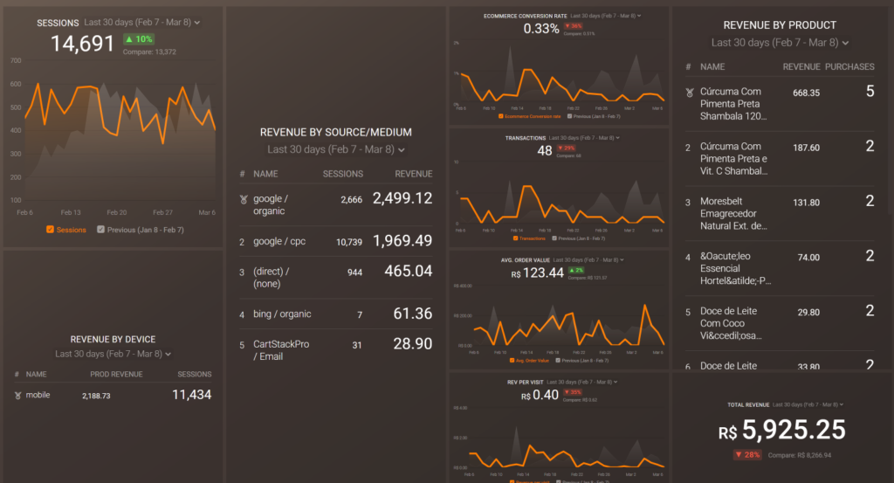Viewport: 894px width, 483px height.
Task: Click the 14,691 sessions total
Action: [83, 43]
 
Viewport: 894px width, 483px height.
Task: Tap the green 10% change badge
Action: [138, 39]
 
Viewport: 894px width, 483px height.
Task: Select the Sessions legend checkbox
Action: [51, 230]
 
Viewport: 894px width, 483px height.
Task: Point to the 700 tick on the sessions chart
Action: [16, 61]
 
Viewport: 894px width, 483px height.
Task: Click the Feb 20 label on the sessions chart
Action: [116, 212]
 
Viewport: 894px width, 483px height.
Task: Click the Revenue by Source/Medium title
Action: [336, 133]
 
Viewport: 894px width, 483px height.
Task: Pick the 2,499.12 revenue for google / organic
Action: [402, 199]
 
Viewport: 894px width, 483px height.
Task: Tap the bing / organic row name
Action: [282, 314]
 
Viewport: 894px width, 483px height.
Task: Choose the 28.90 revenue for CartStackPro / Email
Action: [411, 344]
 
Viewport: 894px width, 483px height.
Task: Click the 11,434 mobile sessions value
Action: [192, 395]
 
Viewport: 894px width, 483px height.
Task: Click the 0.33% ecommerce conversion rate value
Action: [541, 29]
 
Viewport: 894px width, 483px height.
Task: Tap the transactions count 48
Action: [545, 151]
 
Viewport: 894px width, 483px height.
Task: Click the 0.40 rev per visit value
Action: [547, 396]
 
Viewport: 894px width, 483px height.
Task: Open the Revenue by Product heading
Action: [780, 25]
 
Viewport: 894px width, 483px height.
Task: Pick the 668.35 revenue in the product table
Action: [806, 93]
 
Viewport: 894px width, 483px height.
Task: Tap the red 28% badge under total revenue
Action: [748, 455]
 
